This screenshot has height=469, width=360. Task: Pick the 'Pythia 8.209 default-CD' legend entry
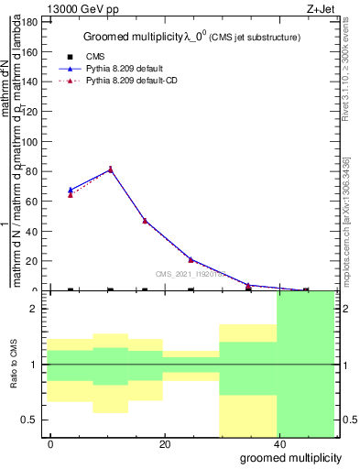[134, 81]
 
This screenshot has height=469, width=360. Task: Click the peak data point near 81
[111, 169]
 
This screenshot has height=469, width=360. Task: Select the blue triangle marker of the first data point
[71, 190]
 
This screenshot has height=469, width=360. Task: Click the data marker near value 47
[145, 220]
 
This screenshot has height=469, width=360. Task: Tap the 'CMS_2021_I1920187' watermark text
[188, 273]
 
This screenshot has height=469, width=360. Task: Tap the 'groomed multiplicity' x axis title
[290, 457]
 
